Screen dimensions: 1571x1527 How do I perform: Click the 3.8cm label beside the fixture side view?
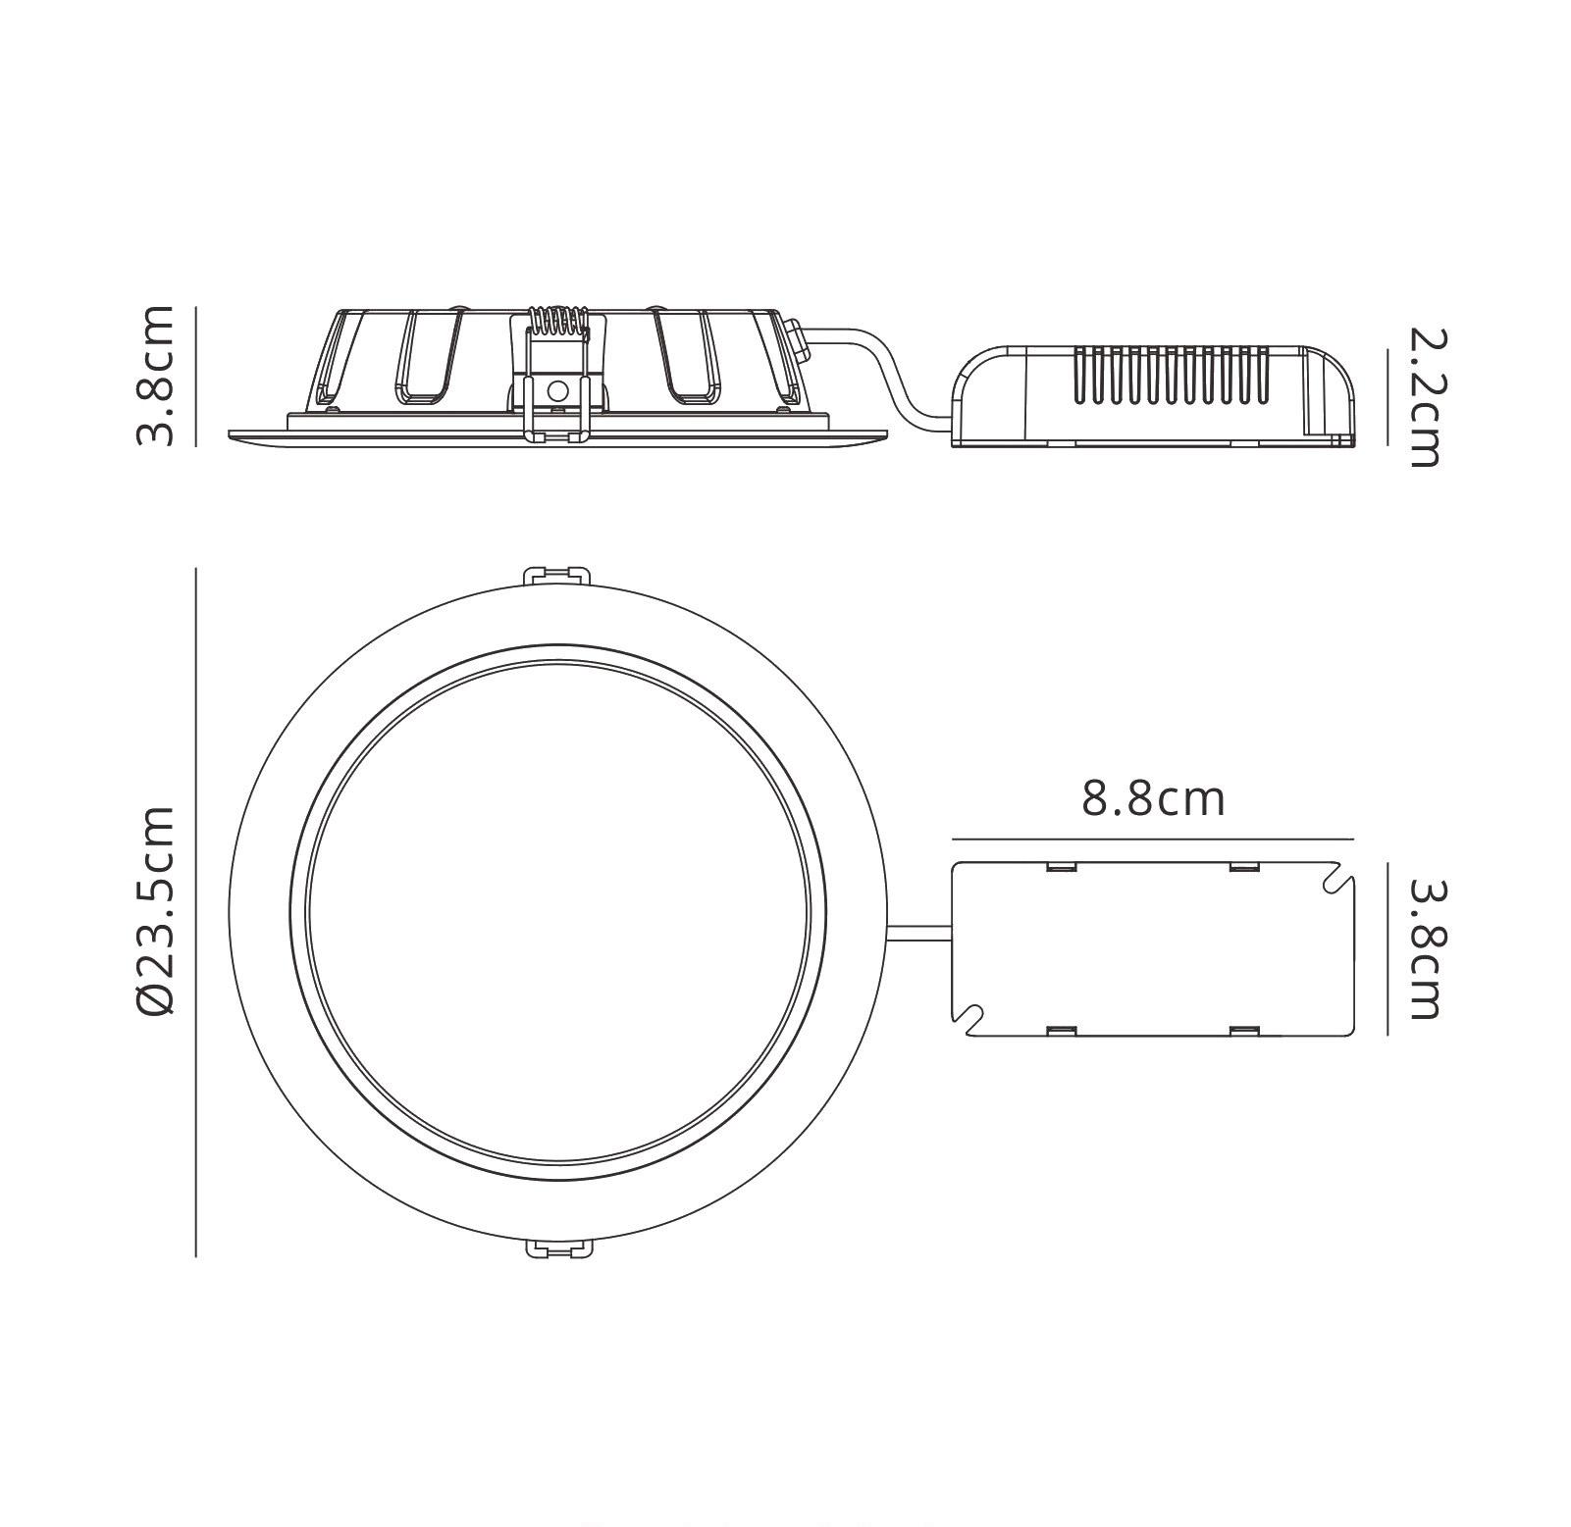pos(155,376)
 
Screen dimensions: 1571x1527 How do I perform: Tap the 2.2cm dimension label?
pos(1426,397)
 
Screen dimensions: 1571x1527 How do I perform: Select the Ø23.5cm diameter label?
pos(155,911)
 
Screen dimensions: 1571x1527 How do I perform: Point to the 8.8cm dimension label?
pos(1153,799)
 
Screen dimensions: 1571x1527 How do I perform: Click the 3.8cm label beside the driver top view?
pos(1426,948)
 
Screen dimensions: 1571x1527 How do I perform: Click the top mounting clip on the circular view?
pos(559,576)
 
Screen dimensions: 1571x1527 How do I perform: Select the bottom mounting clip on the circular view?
pos(559,1248)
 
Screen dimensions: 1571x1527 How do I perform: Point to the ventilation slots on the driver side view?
pos(1172,375)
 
